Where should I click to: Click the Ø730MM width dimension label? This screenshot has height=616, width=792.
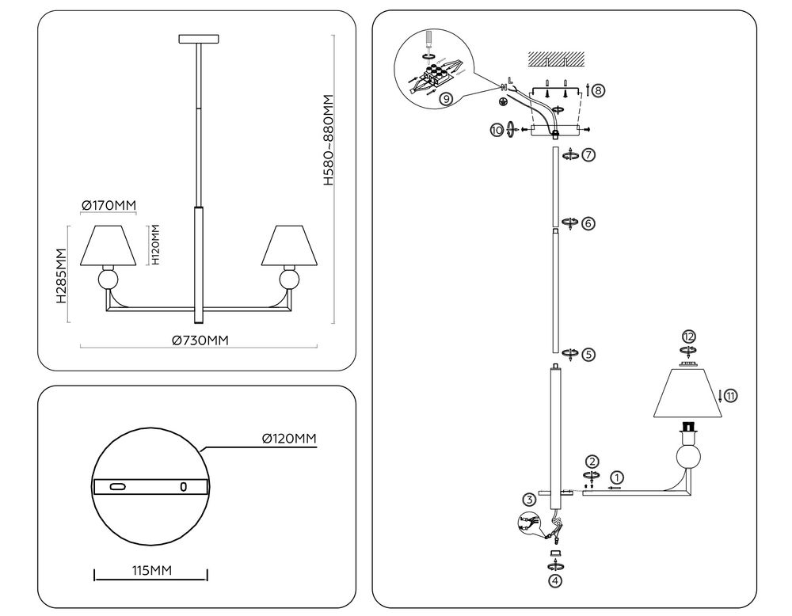point(200,340)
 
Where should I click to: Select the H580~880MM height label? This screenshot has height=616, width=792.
point(329,141)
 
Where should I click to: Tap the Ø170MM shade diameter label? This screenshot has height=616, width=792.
point(109,206)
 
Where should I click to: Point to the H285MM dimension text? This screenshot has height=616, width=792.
point(60,276)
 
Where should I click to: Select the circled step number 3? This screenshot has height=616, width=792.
point(529,499)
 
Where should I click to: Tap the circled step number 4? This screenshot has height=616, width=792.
point(555,580)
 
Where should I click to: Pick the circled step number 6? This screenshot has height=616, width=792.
point(588,223)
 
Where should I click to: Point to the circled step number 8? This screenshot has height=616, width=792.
point(598,90)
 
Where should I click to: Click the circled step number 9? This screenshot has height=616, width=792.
point(447,99)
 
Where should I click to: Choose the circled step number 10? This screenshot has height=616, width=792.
point(497,130)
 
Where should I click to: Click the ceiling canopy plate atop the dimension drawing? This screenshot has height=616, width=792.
point(198,39)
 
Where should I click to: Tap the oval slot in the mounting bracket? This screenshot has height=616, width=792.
point(118,485)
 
